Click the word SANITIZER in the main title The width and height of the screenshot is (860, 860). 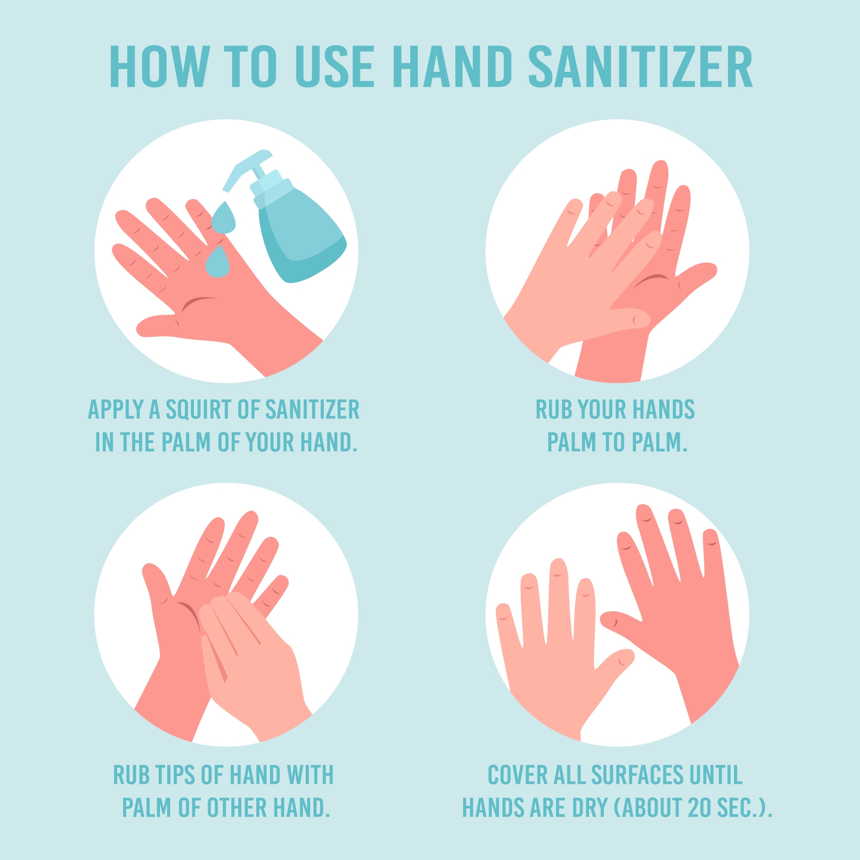pos(641,66)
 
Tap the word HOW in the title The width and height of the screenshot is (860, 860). pos(160,66)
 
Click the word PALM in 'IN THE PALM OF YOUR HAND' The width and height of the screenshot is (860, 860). pos(186,442)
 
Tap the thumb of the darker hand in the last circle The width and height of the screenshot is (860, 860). pos(621,621)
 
